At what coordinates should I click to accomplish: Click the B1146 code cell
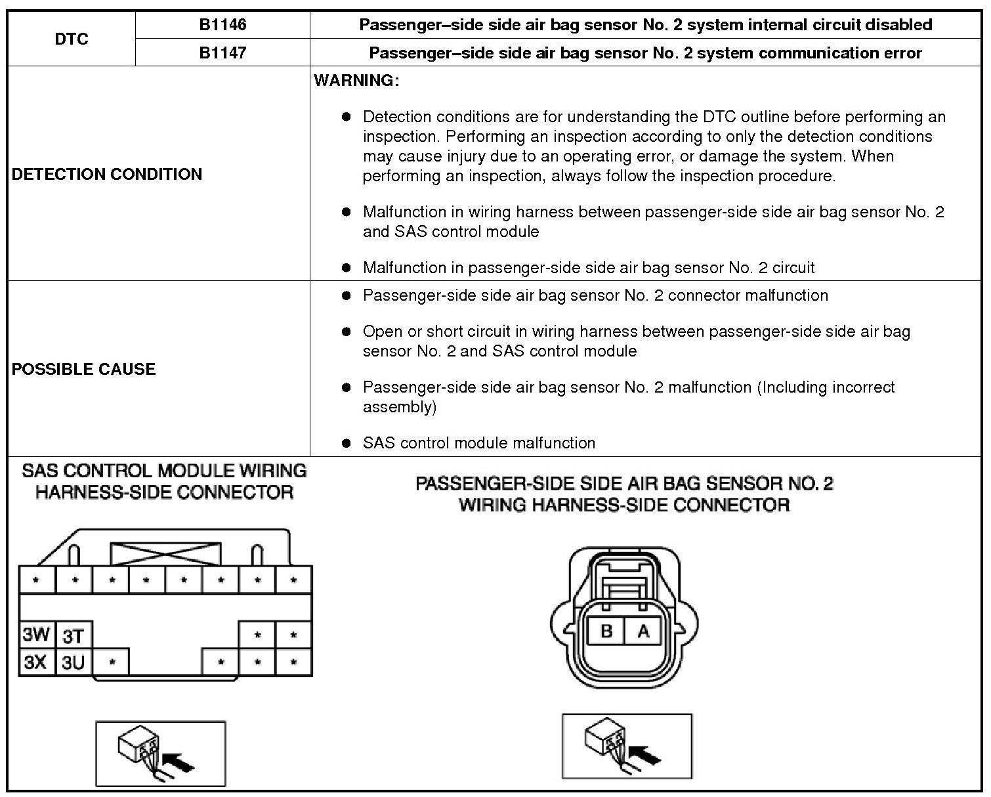(x=222, y=25)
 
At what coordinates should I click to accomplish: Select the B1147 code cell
(x=222, y=53)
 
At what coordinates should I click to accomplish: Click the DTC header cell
(x=72, y=39)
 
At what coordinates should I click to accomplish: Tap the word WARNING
(x=356, y=81)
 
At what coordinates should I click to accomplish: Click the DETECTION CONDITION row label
(x=107, y=174)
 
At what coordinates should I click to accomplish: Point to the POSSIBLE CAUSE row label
(x=84, y=369)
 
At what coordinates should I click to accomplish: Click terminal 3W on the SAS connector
(x=36, y=635)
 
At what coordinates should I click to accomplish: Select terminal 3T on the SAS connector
(x=74, y=635)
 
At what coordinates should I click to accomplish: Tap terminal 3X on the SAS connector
(x=36, y=662)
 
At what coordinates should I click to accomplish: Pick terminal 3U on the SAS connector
(x=74, y=662)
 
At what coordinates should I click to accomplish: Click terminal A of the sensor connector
(x=643, y=632)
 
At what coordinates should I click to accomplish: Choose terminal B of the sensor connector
(x=606, y=632)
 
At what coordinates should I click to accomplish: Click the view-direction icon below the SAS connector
(x=161, y=753)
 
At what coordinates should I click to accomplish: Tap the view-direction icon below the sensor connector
(x=627, y=746)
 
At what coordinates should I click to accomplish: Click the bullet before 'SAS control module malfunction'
(x=347, y=443)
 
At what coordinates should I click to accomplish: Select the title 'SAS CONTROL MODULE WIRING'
(x=164, y=471)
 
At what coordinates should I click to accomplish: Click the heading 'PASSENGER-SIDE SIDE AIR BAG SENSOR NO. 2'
(x=624, y=484)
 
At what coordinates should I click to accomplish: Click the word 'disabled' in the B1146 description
(x=897, y=25)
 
